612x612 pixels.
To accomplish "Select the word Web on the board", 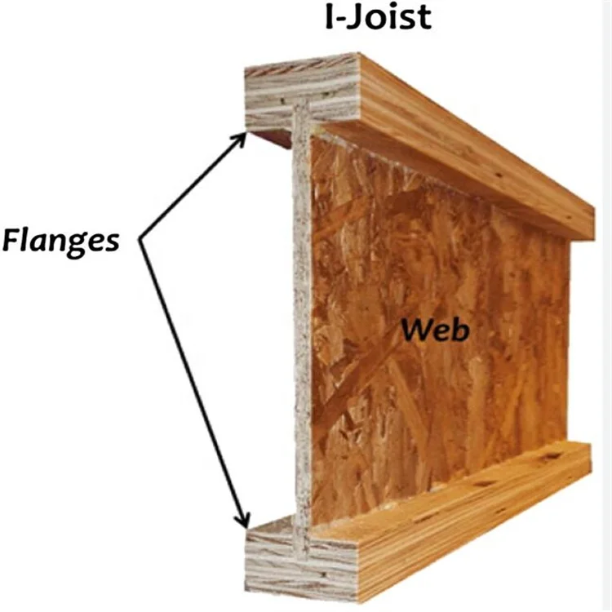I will click(x=435, y=330).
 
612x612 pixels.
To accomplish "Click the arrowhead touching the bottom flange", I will click(x=242, y=522).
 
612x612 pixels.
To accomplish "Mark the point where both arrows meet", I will click(x=140, y=241).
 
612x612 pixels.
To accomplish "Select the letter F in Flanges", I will click(x=12, y=241).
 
